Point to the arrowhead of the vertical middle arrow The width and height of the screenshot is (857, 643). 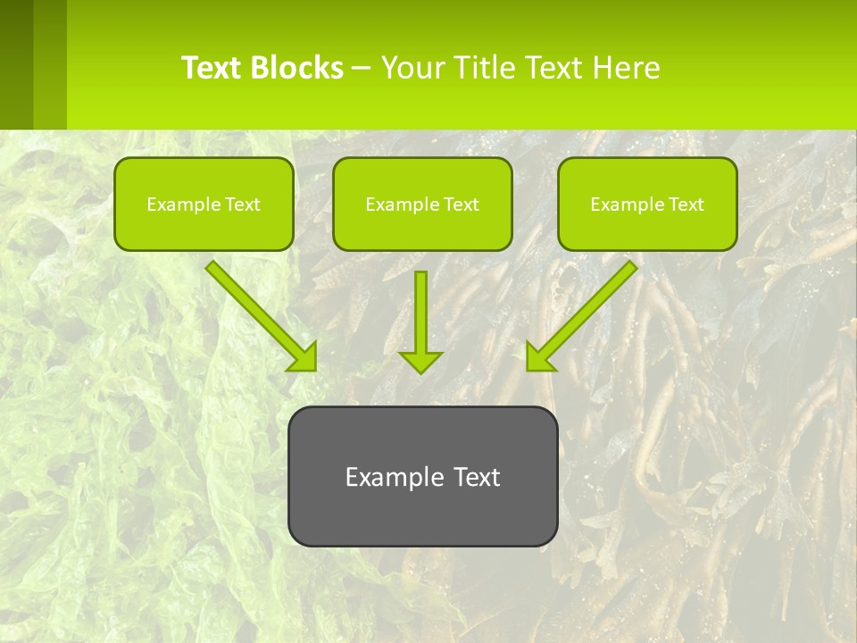pyautogui.click(x=420, y=361)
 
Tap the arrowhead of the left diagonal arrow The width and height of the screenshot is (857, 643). pyautogui.click(x=304, y=357)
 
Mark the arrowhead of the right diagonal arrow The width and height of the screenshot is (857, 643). pyautogui.click(x=539, y=357)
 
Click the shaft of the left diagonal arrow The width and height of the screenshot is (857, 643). pyautogui.click(x=250, y=304)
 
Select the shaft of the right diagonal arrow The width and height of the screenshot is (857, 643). pyautogui.click(x=594, y=304)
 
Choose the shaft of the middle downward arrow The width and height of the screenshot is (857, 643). pyautogui.click(x=420, y=308)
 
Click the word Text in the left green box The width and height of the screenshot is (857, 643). pyautogui.click(x=242, y=205)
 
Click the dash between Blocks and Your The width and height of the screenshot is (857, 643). pyautogui.click(x=362, y=69)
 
